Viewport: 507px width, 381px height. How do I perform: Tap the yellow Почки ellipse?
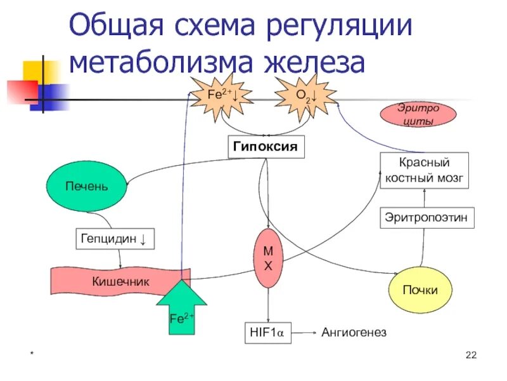[x=421, y=290]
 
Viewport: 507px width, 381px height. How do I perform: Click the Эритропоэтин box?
[x=427, y=218]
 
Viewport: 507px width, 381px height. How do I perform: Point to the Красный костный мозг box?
[x=425, y=170]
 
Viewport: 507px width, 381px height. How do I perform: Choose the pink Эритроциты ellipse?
[x=418, y=114]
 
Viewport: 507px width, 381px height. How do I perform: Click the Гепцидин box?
[x=115, y=239]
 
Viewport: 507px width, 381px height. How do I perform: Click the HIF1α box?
[x=267, y=333]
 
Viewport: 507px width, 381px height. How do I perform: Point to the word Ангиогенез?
[x=354, y=333]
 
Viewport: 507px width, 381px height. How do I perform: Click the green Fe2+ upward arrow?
[x=181, y=309]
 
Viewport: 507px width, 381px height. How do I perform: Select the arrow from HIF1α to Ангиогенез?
[x=304, y=333]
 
